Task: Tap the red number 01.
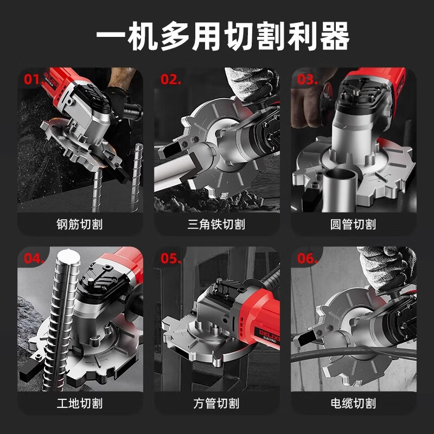(31, 80)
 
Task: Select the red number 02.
(170, 80)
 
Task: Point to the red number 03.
(308, 80)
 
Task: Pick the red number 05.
(170, 258)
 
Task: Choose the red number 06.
(307, 258)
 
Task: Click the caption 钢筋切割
(80, 224)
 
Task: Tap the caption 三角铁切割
(217, 224)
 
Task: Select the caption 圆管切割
(353, 224)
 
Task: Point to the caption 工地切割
(80, 403)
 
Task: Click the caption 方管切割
(217, 403)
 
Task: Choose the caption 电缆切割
(353, 403)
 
